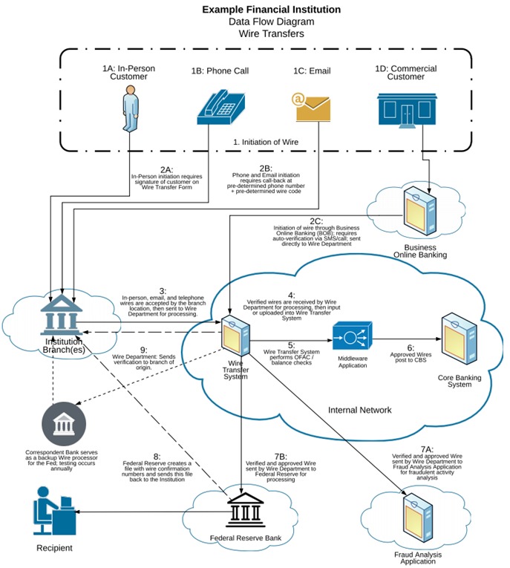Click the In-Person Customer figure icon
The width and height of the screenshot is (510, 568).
tap(130, 106)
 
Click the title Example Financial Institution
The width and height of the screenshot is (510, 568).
tap(271, 10)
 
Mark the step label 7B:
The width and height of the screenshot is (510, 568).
tap(279, 455)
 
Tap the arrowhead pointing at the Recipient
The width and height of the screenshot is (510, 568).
tap(79, 510)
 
